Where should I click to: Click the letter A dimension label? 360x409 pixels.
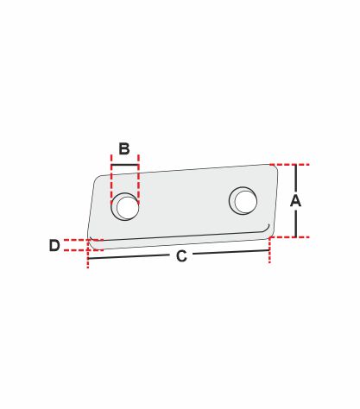(295, 201)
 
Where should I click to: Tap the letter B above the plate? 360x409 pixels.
(124, 149)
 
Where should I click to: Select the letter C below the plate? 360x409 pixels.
(181, 256)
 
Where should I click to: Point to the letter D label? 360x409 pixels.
(54, 245)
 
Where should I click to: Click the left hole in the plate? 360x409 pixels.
(125, 206)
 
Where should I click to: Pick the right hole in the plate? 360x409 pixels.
(243, 200)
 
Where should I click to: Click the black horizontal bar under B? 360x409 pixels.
(125, 165)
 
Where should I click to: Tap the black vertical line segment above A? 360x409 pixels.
(295, 179)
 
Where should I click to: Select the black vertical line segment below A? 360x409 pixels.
(295, 223)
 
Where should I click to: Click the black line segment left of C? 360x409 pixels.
(128, 257)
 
